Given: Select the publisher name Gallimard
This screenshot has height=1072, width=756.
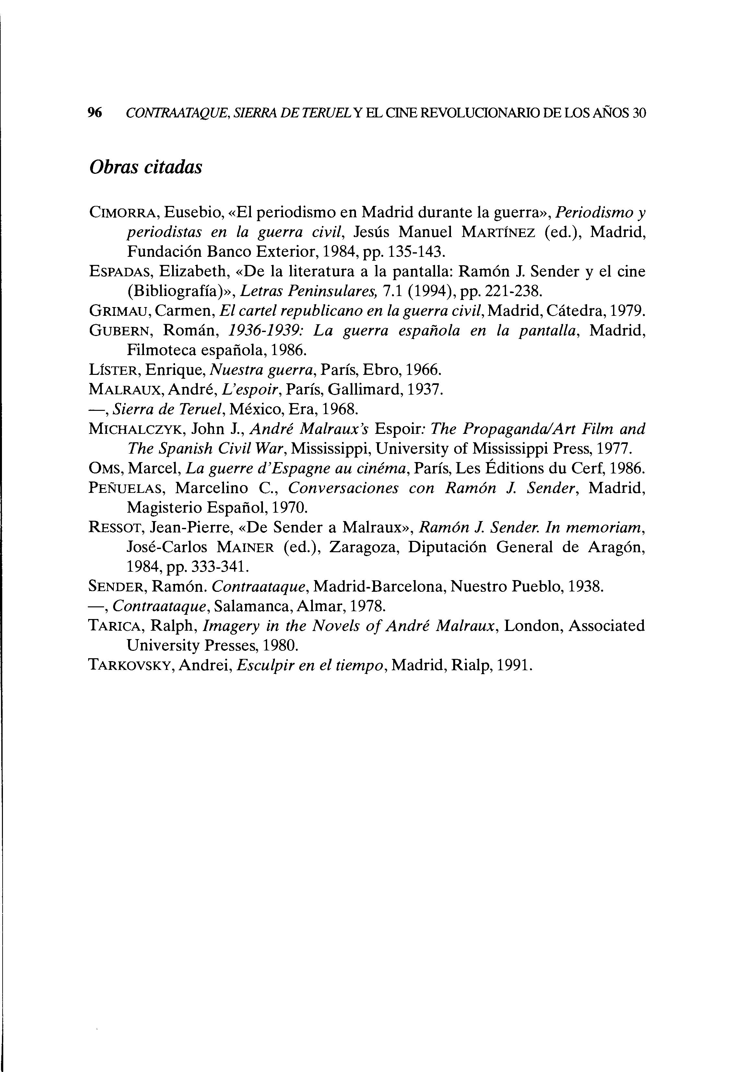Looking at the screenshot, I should [365, 389].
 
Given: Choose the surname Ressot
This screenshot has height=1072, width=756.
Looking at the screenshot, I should [117, 527].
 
